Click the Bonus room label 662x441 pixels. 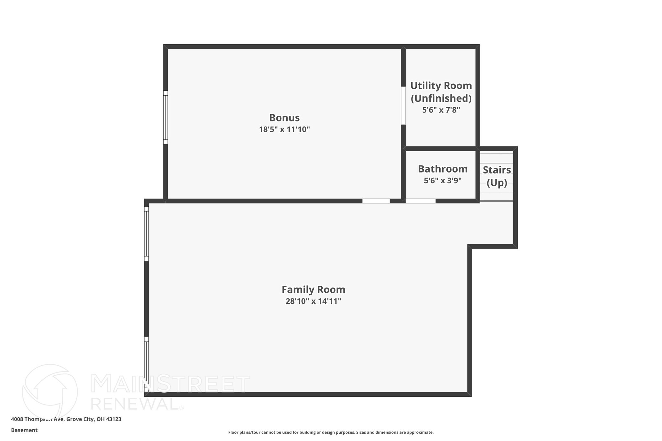(x=284, y=118)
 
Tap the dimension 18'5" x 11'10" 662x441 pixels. (x=284, y=130)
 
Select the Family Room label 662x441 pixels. (x=313, y=289)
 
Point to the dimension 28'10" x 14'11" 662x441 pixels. (x=313, y=301)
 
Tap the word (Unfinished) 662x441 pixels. (x=441, y=98)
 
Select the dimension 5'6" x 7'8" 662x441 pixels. (x=441, y=110)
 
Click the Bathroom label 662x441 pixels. (x=443, y=169)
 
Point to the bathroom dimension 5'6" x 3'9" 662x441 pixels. (x=443, y=181)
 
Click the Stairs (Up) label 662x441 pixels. (x=497, y=176)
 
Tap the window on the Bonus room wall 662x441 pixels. (x=165, y=117)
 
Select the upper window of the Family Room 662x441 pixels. (x=146, y=234)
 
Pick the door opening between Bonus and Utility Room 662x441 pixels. (x=403, y=106)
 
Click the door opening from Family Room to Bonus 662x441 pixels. (x=376, y=201)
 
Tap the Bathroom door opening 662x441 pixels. (x=421, y=201)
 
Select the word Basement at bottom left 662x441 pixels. (x=24, y=430)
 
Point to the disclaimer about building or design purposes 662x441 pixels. (x=331, y=432)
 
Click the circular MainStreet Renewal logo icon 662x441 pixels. (x=50, y=392)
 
